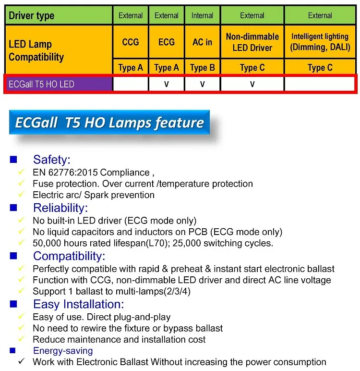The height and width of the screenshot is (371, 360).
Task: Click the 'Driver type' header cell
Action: coord(32,16)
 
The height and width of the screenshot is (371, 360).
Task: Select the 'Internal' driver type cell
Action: coord(202,16)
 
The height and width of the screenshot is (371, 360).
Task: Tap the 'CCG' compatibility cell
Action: coord(131,42)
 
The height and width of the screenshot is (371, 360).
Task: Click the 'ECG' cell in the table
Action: coord(167,42)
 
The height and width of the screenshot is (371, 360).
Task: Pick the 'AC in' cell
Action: coord(202,42)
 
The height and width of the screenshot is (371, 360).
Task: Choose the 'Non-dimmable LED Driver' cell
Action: coord(252,42)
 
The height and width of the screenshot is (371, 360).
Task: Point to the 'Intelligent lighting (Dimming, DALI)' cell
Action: coord(320,42)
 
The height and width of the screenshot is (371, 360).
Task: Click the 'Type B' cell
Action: coord(202,68)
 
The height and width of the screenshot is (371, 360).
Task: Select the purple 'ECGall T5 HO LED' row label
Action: coord(42,84)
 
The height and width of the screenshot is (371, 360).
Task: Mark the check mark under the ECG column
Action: coord(167,84)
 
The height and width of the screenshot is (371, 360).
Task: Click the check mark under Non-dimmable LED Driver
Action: coord(252,84)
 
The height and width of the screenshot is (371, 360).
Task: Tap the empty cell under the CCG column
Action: coord(131,84)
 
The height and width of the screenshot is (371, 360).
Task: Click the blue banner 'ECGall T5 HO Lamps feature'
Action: coord(109,123)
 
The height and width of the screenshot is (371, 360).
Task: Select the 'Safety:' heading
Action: coord(52,160)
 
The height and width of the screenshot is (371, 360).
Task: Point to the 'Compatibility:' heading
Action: coord(69,256)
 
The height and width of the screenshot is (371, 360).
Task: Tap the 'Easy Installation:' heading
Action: coord(78,304)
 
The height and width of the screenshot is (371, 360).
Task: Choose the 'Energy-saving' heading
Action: coord(63,351)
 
